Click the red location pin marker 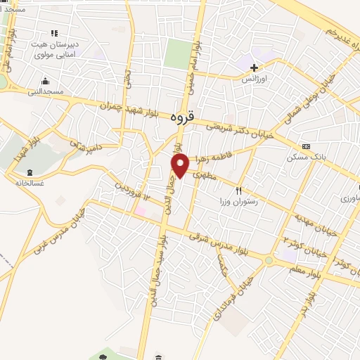[x=181, y=166]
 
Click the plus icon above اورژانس [x=254, y=67]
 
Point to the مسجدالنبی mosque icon [x=45, y=80]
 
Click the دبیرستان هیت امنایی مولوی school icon [x=53, y=32]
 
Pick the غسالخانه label [x=30, y=183]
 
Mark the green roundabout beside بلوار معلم [x=269, y=261]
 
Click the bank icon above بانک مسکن [x=305, y=146]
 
